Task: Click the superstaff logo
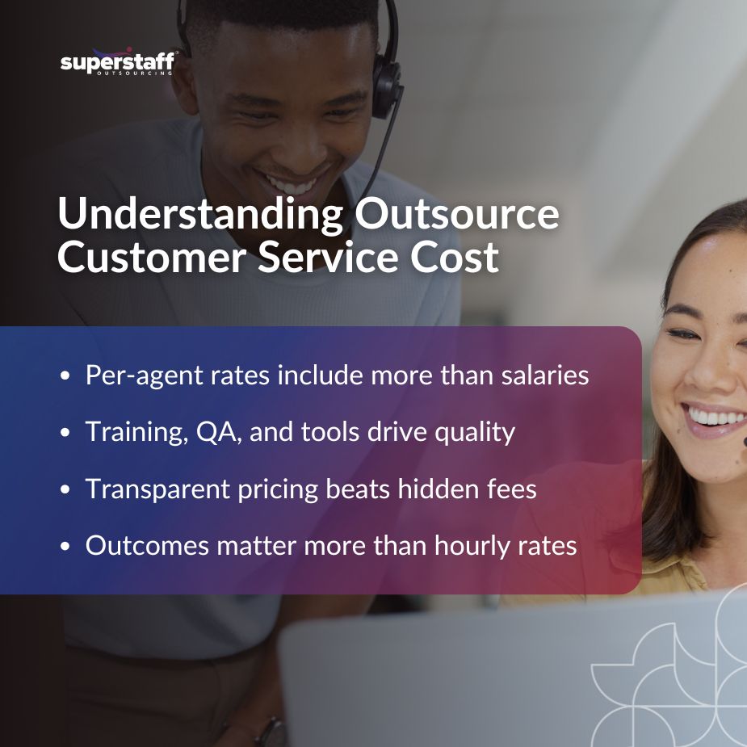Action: [117, 62]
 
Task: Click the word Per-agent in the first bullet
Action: [136, 376]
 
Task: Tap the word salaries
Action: [543, 376]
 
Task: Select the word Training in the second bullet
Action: [129, 432]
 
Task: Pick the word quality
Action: [468, 433]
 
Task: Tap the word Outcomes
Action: [135, 545]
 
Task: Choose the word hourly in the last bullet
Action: [472, 545]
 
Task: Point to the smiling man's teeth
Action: [293, 184]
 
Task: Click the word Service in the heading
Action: [314, 258]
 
